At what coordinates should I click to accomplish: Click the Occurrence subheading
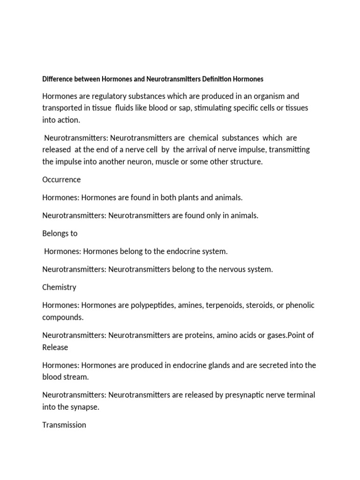click(61, 180)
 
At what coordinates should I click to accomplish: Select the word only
click(210, 216)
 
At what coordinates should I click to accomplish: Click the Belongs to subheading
click(60, 233)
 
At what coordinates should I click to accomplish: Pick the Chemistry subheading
click(59, 287)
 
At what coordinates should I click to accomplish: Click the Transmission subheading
click(64, 425)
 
